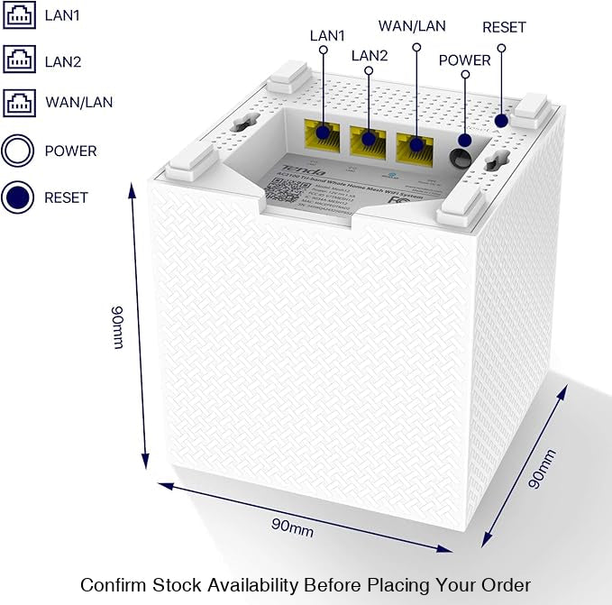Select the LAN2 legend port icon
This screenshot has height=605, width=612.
pyautogui.click(x=19, y=60)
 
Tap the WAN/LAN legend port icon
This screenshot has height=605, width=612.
pyautogui.click(x=19, y=102)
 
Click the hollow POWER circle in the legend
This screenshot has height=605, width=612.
pyautogui.click(x=18, y=151)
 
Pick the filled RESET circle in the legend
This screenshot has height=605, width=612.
pyautogui.click(x=18, y=197)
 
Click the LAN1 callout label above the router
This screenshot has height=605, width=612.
pyautogui.click(x=327, y=35)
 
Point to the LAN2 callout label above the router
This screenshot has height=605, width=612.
pyautogui.click(x=369, y=56)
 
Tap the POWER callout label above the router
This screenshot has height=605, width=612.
pyautogui.click(x=464, y=60)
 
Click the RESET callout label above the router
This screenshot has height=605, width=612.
pyautogui.click(x=504, y=27)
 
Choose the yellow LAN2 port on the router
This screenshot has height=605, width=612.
pyautogui.click(x=367, y=139)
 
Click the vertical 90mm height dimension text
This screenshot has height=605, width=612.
pyautogui.click(x=118, y=327)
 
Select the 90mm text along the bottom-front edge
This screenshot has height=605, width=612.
pyautogui.click(x=292, y=527)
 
